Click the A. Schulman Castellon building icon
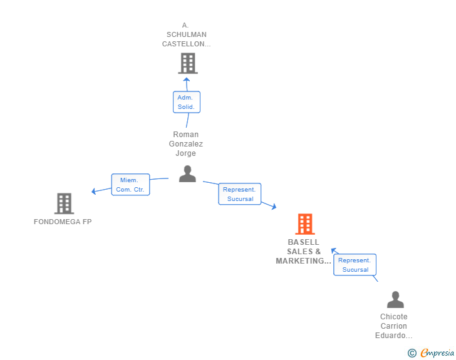click(187, 63)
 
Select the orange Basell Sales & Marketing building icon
click(304, 224)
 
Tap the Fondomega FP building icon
click(64, 203)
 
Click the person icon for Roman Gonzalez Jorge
click(187, 174)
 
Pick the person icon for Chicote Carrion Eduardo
click(395, 300)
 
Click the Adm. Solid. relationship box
click(186, 102)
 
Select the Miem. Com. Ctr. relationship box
click(130, 185)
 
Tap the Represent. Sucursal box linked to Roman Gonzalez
click(239, 194)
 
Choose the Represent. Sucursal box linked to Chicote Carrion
click(355, 265)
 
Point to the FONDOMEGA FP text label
click(63, 222)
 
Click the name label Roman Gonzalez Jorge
click(186, 144)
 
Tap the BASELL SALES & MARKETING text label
click(304, 252)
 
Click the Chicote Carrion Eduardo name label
click(393, 326)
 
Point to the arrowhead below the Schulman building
click(187, 80)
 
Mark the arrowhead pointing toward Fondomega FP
click(94, 191)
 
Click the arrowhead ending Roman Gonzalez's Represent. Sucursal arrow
click(272, 206)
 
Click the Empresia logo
click(437, 353)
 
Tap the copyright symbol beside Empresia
click(412, 353)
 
